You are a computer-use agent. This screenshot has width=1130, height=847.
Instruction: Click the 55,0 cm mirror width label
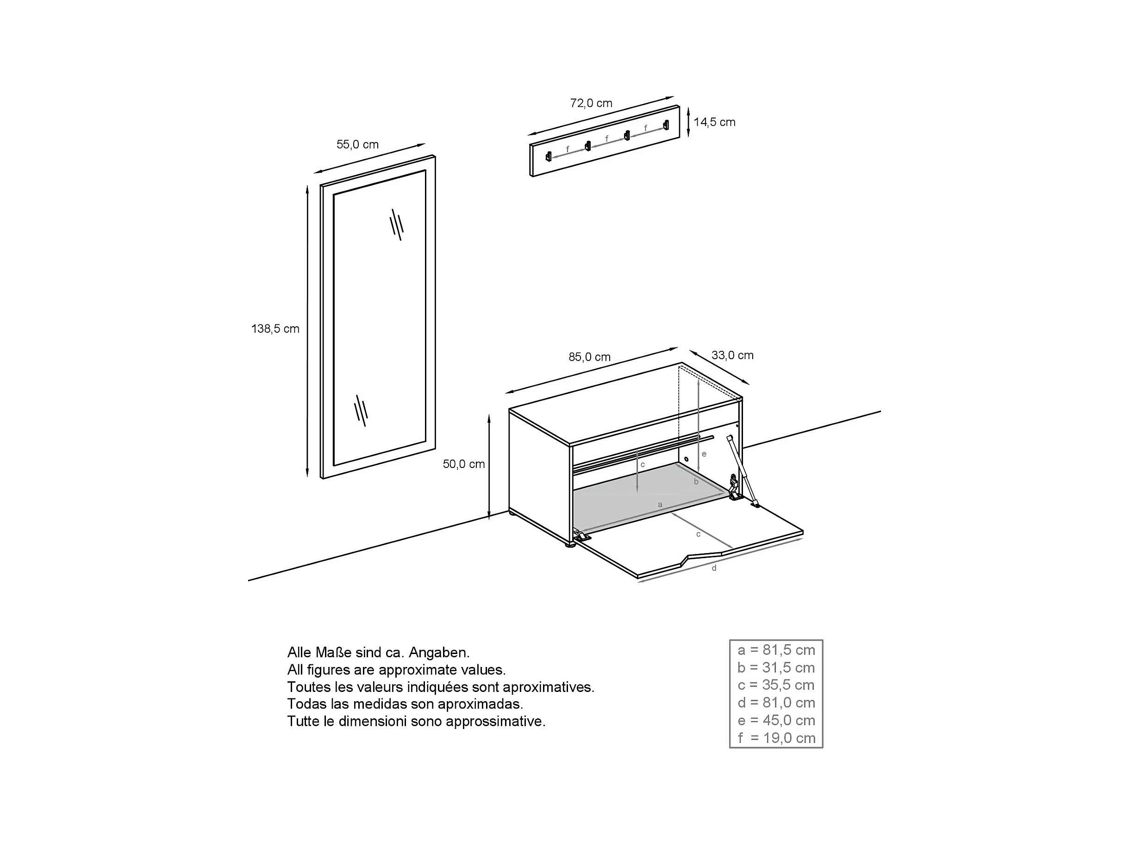click(357, 144)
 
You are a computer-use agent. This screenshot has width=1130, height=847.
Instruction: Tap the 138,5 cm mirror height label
click(275, 329)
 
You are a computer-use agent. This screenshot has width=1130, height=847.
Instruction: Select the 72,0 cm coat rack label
click(591, 103)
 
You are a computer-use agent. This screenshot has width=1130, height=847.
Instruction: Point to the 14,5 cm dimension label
click(714, 122)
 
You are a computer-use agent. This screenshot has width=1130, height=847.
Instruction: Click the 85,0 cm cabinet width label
click(589, 357)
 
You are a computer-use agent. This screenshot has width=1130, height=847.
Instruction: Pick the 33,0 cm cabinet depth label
click(732, 355)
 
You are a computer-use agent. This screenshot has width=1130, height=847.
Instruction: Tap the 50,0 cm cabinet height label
click(463, 464)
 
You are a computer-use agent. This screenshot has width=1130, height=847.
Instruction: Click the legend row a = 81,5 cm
click(776, 650)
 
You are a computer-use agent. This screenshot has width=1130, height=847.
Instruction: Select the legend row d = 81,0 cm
click(776, 703)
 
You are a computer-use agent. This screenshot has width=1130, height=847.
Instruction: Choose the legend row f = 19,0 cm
click(776, 738)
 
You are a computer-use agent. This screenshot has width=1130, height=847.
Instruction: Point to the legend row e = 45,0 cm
click(776, 721)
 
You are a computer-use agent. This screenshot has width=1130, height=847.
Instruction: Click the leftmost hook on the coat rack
click(549, 156)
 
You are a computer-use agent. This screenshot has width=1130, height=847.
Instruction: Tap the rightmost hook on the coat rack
click(666, 125)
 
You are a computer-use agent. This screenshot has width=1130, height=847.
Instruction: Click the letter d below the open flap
click(714, 568)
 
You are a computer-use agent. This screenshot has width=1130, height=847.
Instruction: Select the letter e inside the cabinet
click(704, 454)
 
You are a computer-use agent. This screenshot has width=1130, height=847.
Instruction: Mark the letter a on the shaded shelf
click(660, 504)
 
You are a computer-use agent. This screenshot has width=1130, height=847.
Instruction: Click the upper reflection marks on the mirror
click(396, 224)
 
